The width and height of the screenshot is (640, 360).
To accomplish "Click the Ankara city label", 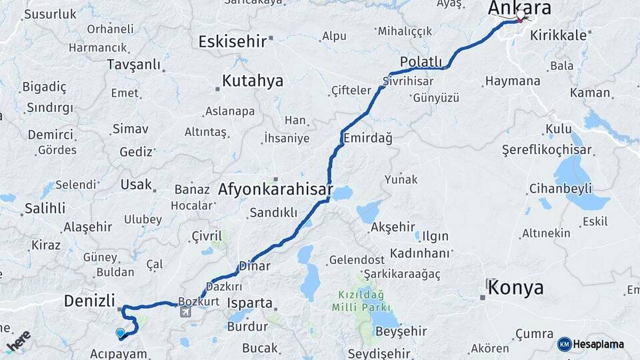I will tap(519, 8).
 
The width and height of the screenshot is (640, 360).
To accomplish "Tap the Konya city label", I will tap(515, 288).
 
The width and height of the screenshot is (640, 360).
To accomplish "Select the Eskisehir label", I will tap(233, 41).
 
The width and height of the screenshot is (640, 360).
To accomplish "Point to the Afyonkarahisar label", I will tap(275, 189).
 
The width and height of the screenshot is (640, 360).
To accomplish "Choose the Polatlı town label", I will tap(421, 61).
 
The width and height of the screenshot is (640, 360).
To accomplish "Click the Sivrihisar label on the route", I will tap(408, 81).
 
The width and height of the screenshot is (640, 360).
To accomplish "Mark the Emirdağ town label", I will tap(367, 138).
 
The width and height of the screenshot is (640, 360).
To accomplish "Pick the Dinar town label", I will tap(255, 266).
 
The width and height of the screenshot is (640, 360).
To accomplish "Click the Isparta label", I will tap(250, 303).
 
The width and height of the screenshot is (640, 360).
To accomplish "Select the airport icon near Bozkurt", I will tap(185, 311).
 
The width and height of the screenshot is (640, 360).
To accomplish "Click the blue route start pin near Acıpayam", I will tap(120, 333).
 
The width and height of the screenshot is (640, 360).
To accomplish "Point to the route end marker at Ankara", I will tap(520, 15).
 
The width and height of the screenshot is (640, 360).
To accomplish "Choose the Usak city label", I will tap(136, 185).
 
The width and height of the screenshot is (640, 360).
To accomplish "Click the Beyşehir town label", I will tap(397, 331).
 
